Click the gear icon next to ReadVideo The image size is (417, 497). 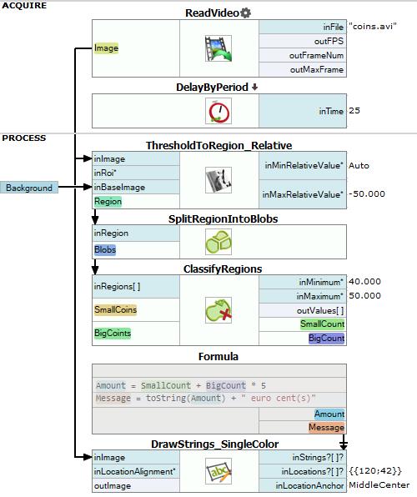click(x=245, y=13)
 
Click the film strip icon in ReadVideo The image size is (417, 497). click(x=219, y=48)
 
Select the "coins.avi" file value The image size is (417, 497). click(x=373, y=26)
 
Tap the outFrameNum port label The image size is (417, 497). click(x=316, y=56)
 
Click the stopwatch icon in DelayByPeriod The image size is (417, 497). click(x=219, y=111)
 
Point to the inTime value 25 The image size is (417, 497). click(x=354, y=111)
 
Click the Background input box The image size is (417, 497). click(x=29, y=188)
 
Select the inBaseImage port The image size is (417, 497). click(x=119, y=187)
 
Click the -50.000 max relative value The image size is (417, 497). click(x=367, y=194)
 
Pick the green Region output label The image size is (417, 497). click(x=108, y=201)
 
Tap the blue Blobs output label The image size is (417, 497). click(x=105, y=250)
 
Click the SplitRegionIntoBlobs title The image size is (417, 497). click(x=223, y=219)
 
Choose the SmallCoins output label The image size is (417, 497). click(x=115, y=309)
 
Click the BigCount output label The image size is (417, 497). click(x=326, y=339)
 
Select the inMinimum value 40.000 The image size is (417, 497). click(x=364, y=282)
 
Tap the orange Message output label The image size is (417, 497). click(x=326, y=427)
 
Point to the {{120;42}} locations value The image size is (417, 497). click(x=375, y=470)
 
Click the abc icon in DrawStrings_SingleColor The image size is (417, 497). click(x=219, y=471)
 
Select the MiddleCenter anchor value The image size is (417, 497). click(x=379, y=485)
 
